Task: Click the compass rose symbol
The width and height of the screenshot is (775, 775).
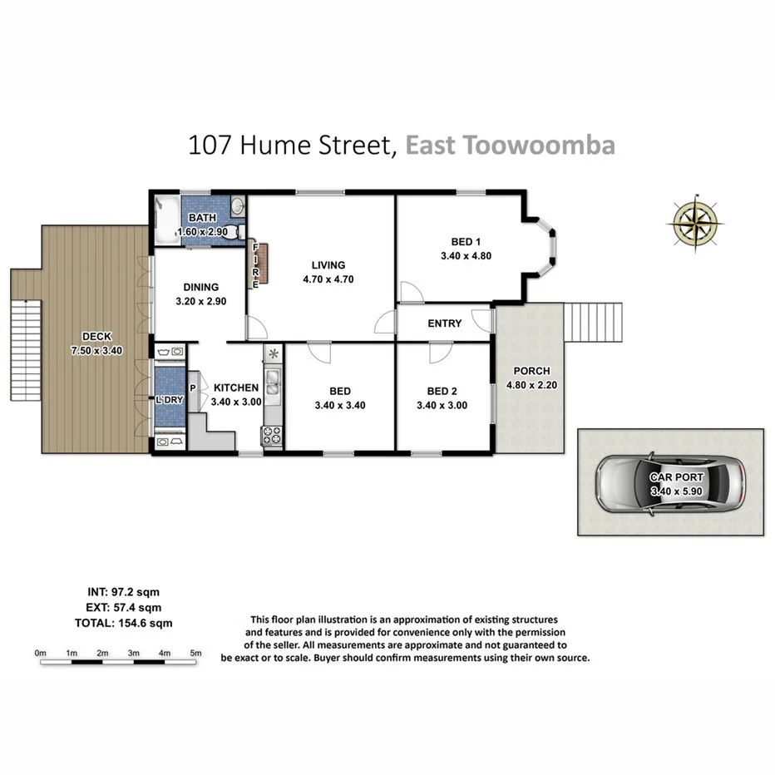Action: coord(693,222)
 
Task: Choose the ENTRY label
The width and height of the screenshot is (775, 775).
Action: coord(444,323)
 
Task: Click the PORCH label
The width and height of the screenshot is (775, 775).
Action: coord(531,371)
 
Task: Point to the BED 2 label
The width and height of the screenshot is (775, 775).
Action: coord(442,391)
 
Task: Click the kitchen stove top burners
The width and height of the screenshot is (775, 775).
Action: coord(273,435)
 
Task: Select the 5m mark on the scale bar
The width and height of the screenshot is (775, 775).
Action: coord(195,654)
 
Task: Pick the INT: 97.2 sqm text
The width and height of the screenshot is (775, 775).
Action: coord(123,591)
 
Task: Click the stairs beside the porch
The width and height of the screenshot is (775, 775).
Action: coord(593,323)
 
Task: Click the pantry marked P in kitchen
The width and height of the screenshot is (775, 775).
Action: coord(192,388)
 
